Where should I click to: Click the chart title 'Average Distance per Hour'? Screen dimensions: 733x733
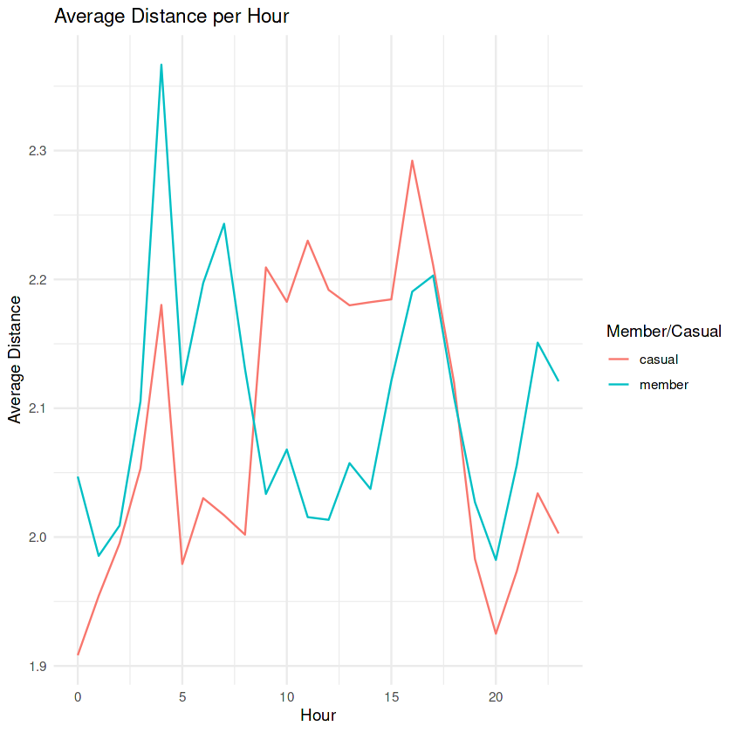171,17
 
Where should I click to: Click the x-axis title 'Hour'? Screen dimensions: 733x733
318,715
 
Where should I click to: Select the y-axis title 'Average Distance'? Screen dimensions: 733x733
15,360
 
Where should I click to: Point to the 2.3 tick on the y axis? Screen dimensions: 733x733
38,151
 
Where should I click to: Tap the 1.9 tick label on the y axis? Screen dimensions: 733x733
38,666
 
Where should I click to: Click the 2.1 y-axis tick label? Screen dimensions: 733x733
38,408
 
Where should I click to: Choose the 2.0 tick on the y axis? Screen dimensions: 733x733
38,538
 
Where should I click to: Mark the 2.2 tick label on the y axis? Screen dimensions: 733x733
38,279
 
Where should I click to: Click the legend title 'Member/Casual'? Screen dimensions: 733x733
663,332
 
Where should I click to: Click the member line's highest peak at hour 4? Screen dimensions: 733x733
161,65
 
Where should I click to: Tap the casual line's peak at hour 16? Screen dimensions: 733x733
412,161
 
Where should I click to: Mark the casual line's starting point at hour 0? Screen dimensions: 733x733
78,654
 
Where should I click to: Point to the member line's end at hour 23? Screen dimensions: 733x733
558,380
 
